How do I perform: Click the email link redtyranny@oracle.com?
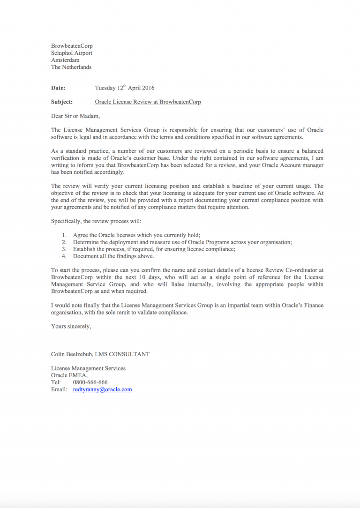click(102, 389)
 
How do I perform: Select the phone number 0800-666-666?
click(90, 382)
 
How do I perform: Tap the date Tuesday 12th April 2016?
click(124, 88)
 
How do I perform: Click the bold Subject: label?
click(61, 102)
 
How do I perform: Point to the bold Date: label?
click(58, 88)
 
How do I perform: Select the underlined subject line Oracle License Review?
click(148, 102)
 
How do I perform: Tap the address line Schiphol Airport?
click(71, 53)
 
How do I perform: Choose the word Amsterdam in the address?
click(65, 60)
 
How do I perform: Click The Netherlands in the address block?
click(71, 67)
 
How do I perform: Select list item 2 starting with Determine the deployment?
click(182, 242)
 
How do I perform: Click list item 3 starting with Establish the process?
click(154, 249)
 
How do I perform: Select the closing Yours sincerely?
click(71, 326)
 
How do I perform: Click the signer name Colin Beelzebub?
click(72, 354)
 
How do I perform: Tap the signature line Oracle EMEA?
click(69, 375)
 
